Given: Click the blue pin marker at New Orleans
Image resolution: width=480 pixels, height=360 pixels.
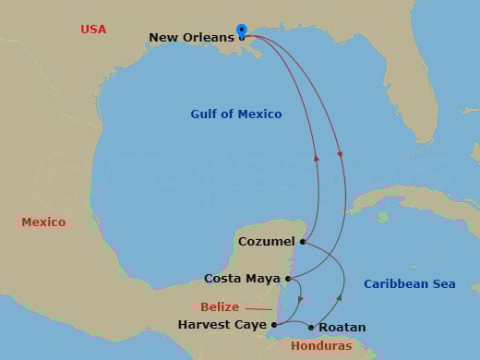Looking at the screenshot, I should point(242,31).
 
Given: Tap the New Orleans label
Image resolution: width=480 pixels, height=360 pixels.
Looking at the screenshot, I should point(192,38).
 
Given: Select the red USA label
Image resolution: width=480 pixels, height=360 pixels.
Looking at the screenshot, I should point(93,30).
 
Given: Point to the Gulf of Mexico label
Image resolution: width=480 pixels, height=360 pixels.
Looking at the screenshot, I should point(236,114).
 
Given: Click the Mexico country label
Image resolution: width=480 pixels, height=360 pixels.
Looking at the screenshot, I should point(43,222).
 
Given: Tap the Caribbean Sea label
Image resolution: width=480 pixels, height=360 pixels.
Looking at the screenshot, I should point(410,284).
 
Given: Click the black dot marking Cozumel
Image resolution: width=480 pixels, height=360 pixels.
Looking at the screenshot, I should point(303,242).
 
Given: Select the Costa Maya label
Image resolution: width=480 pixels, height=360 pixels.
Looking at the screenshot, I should point(243,278).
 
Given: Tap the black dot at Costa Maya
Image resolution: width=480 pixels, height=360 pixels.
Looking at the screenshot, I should point(289,278).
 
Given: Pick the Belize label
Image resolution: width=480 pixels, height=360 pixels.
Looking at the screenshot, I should point(220,307).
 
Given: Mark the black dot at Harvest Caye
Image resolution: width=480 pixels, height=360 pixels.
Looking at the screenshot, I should point(275,325).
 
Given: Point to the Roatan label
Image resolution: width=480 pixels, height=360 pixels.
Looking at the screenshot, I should point(342,327).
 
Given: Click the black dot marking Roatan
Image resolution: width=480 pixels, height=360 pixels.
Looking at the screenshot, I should point(311,327).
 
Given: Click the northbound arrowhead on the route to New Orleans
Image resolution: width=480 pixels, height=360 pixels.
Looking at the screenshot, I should point(318,158).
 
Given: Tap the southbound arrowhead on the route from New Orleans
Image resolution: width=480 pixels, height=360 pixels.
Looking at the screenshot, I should point(342,152).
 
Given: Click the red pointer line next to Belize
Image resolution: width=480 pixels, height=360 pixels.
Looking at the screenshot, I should point(258,308).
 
